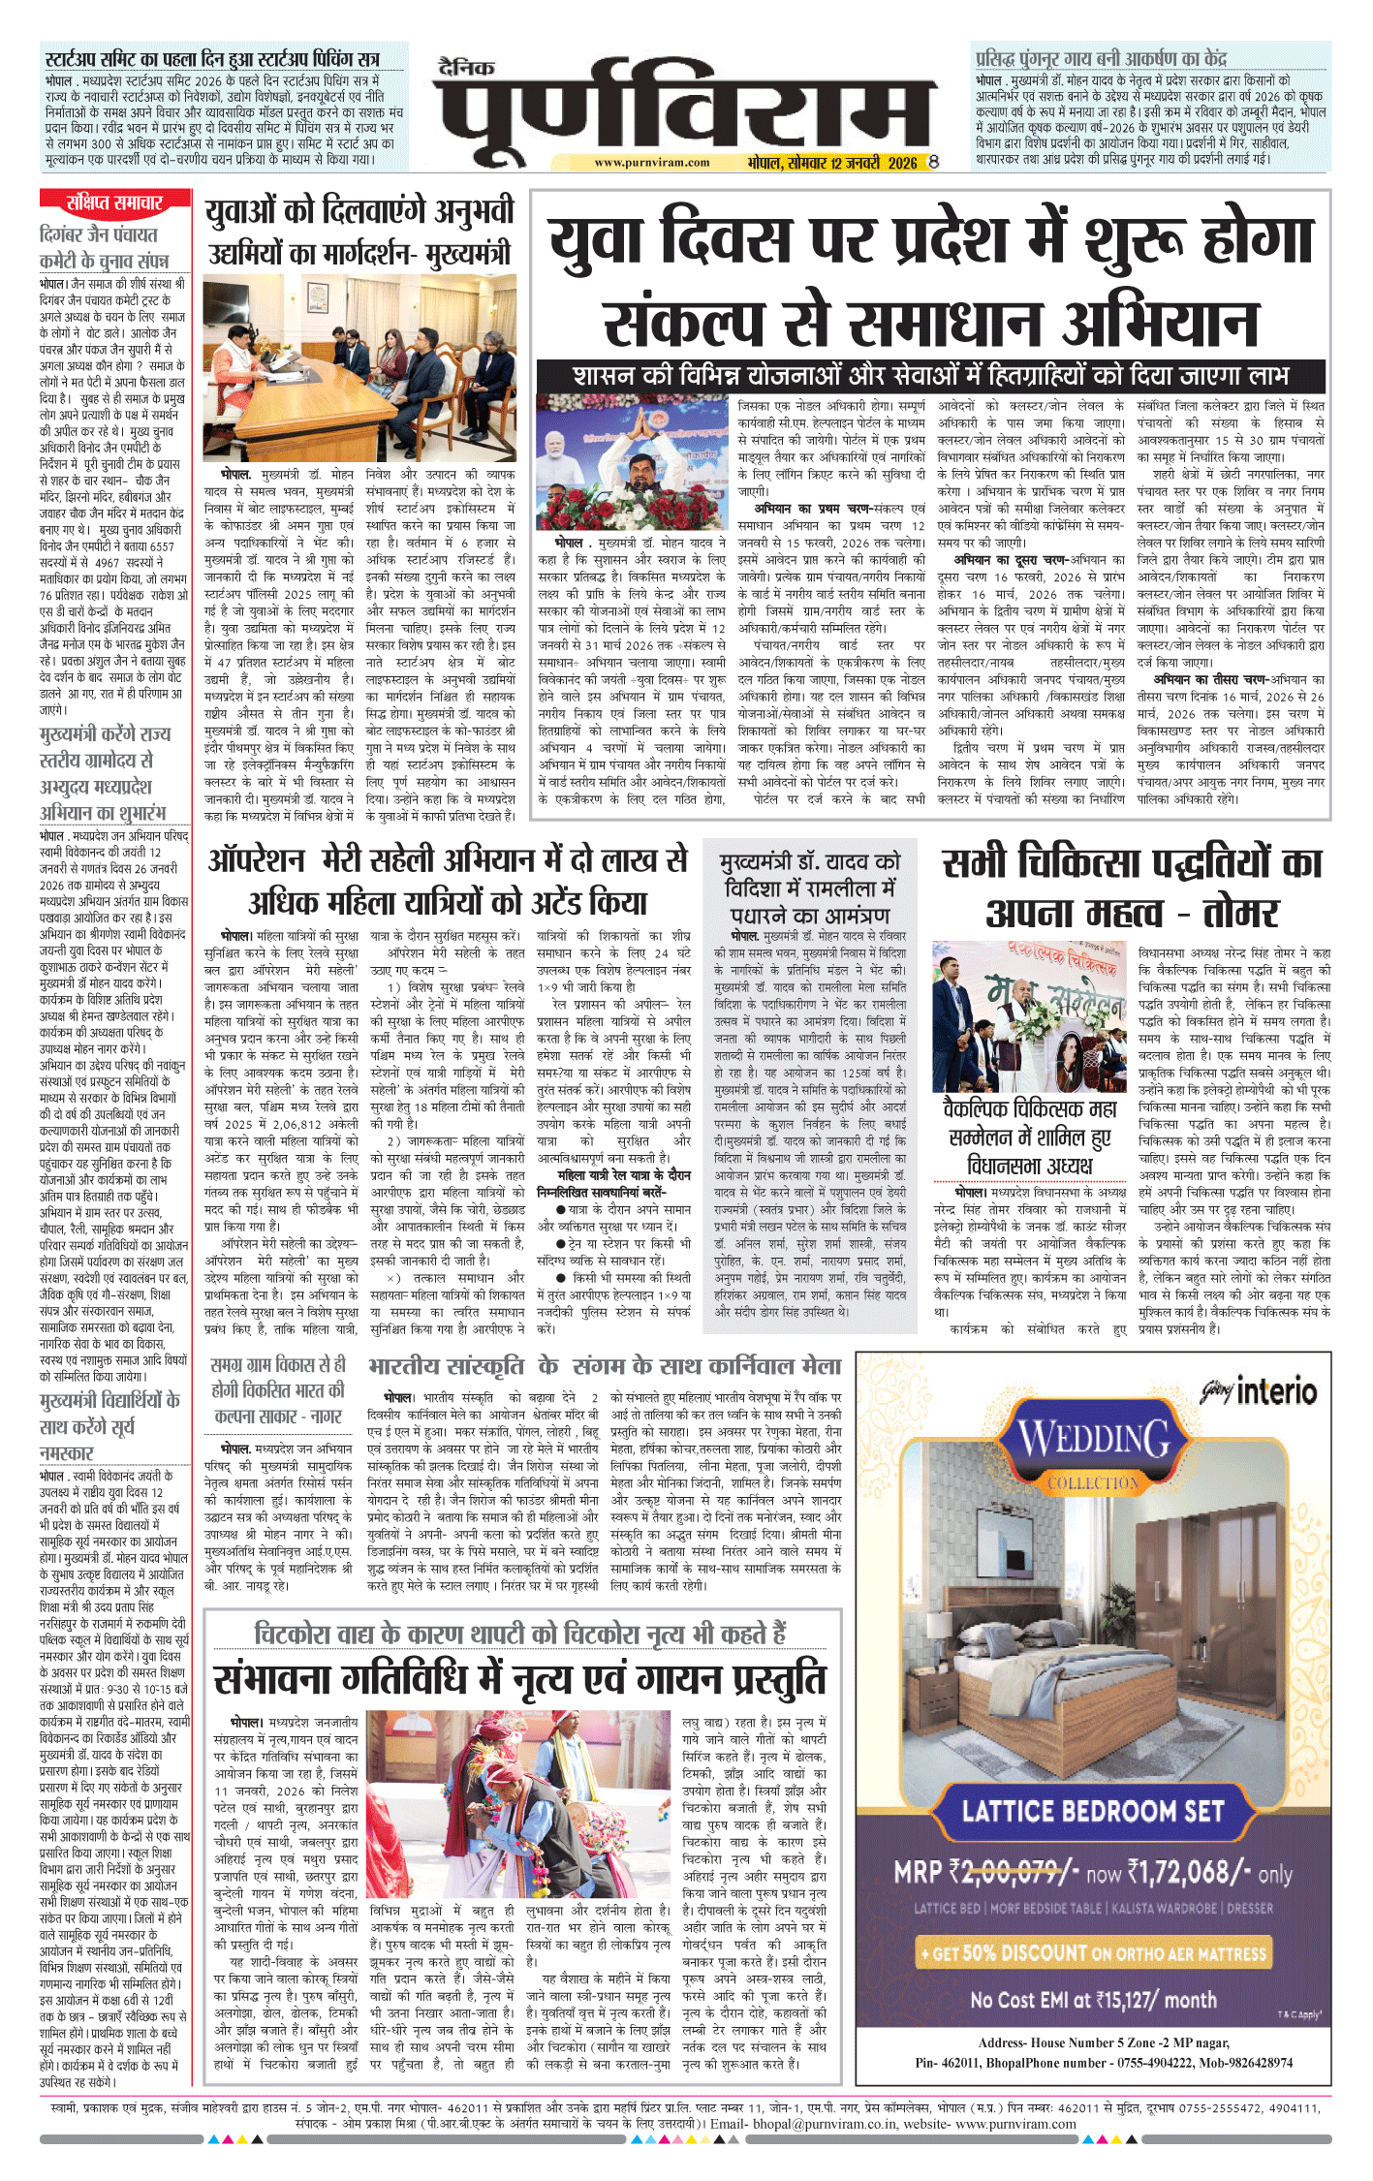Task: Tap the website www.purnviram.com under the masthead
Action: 639,163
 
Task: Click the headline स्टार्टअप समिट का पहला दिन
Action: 212,59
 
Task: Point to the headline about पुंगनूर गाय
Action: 1101,58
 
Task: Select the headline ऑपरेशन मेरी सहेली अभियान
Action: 448,881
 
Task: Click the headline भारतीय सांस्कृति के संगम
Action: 604,1366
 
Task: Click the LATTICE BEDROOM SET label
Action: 1092,1810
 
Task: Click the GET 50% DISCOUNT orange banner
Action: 1092,1952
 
